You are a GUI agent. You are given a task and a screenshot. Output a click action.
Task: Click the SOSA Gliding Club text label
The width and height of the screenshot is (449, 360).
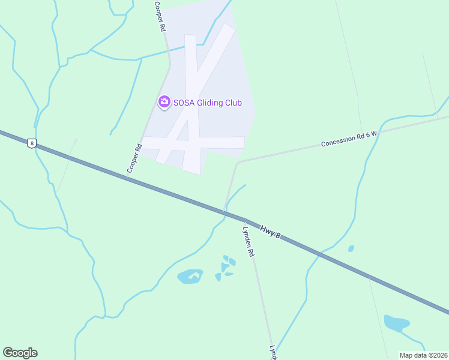(207, 103)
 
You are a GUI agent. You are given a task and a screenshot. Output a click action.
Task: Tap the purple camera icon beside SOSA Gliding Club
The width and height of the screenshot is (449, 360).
(164, 102)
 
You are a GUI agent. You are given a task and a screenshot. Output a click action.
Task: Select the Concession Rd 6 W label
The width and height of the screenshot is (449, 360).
(348, 139)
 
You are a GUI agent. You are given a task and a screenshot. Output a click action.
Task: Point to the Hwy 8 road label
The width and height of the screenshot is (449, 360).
(270, 230)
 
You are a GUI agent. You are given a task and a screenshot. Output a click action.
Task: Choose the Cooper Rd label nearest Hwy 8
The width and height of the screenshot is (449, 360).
(133, 158)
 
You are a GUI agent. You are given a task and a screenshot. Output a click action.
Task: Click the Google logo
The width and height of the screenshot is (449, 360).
(20, 353)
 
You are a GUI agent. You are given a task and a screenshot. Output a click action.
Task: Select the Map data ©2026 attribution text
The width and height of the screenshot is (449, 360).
(423, 355)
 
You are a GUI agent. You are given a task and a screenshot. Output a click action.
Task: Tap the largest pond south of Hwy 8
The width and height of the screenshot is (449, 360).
(189, 277)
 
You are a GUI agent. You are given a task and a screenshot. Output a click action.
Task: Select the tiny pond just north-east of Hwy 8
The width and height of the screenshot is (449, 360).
(351, 248)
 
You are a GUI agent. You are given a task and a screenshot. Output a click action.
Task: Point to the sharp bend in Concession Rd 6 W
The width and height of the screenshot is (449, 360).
(238, 162)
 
